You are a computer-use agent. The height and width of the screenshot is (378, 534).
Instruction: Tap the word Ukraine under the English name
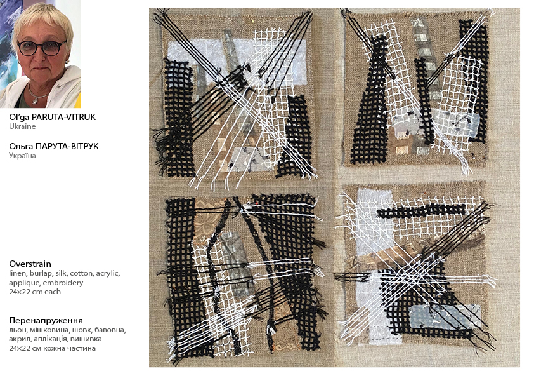pyautogui.click(x=22, y=126)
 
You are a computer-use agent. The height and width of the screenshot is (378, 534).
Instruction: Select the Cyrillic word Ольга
pyautogui.click(x=21, y=146)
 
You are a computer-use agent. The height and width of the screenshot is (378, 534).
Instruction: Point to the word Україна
pyautogui.click(x=22, y=156)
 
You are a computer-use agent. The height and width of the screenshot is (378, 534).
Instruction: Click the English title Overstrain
pyautogui.click(x=30, y=264)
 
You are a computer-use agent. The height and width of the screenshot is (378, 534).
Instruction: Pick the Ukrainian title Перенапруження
pyautogui.click(x=46, y=320)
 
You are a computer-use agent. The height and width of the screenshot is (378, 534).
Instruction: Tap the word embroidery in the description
pyautogui.click(x=63, y=283)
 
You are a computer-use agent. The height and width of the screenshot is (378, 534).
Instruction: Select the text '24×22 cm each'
pyautogui.click(x=35, y=292)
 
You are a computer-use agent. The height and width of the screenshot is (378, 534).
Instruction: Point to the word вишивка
pyautogui.click(x=89, y=339)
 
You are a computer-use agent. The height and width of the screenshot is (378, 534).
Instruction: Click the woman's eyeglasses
pyautogui.click(x=42, y=48)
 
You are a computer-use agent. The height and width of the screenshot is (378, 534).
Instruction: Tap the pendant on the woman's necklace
pyautogui.click(x=36, y=100)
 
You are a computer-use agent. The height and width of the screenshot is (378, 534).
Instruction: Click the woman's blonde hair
pyautogui.click(x=43, y=17)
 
